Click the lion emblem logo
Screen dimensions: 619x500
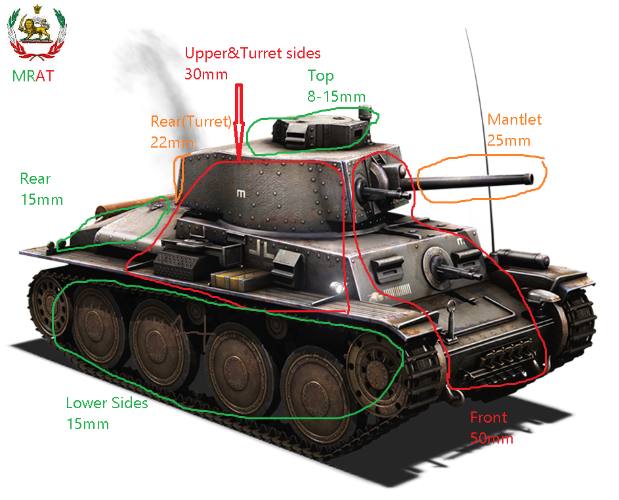coord(37,32)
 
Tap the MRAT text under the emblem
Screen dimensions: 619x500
coord(33,76)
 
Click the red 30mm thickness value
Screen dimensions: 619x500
coord(206,74)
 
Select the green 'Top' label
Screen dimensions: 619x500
coord(320,75)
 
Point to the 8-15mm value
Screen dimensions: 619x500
coord(336,96)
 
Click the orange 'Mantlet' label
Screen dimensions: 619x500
coord(515,119)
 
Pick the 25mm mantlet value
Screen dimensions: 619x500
coord(509,140)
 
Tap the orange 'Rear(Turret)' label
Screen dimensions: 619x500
coord(191,121)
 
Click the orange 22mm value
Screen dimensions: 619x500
coord(172,142)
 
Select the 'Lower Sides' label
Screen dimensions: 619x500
coord(107,403)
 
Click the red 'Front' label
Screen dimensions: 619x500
coord(488,417)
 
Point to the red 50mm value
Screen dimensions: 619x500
coord(492,438)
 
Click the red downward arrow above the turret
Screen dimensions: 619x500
coord(239,122)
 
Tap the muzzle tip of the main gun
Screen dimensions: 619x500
coord(530,179)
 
